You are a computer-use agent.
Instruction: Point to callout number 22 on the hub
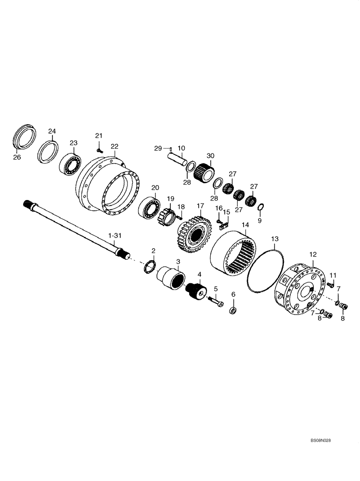pos(114,146)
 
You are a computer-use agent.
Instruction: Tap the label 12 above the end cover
pos(313,254)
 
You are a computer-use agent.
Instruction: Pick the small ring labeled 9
pos(260,207)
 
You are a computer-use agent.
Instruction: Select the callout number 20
pos(155,188)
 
